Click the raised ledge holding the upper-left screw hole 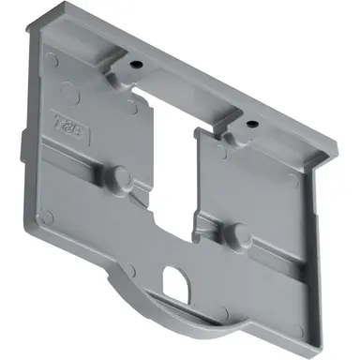(131, 70)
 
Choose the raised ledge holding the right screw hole (246, 129)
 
